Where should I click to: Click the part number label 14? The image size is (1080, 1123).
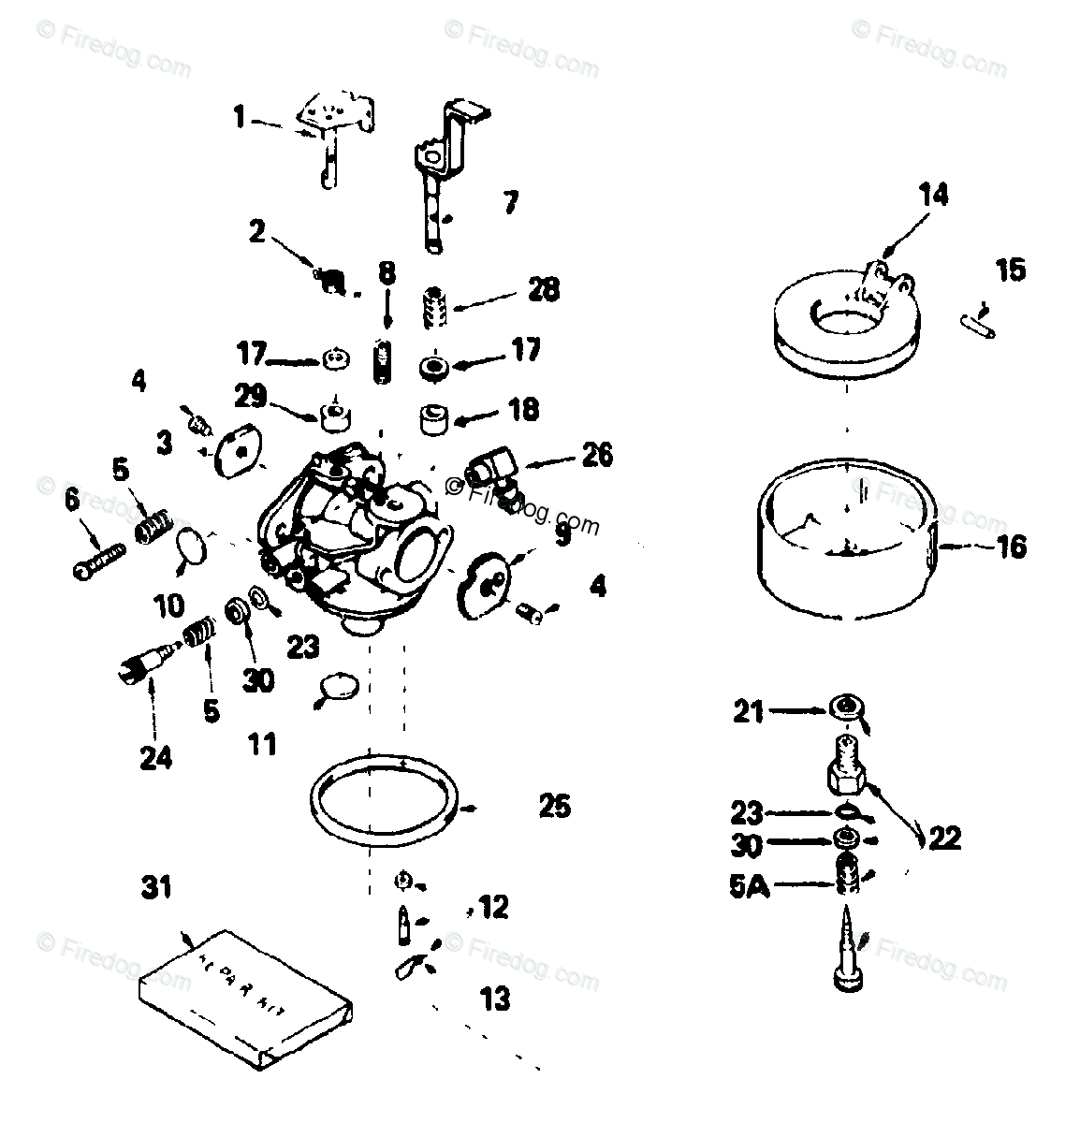tap(933, 196)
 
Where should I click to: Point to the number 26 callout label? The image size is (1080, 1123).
tap(596, 456)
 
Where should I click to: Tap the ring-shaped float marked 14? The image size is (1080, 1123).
tap(847, 328)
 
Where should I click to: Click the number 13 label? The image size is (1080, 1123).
tap(495, 999)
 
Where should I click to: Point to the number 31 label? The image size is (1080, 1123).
tap(156, 886)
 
